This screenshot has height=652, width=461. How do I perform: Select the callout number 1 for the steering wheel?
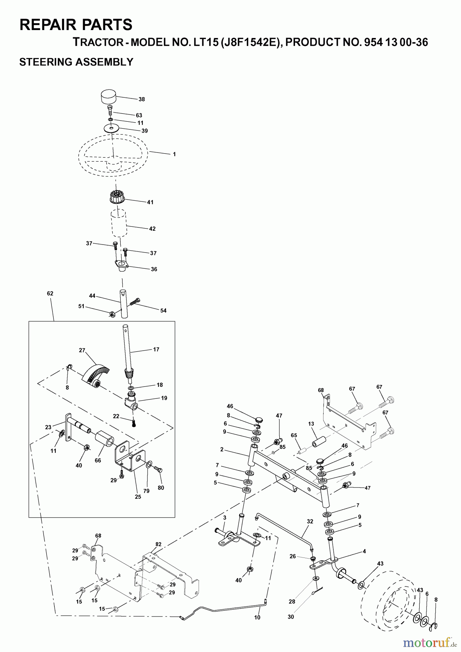pyautogui.click(x=174, y=154)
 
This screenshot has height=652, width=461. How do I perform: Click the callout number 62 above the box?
pyautogui.click(x=50, y=293)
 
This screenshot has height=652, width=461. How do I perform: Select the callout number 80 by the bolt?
pyautogui.click(x=161, y=488)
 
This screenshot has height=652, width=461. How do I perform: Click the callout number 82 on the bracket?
pyautogui.click(x=158, y=544)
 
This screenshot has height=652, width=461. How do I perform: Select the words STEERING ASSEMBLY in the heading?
pyautogui.click(x=76, y=62)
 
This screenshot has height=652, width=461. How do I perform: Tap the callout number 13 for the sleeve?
pyautogui.click(x=311, y=423)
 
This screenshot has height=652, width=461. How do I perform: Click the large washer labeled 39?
pyautogui.click(x=112, y=128)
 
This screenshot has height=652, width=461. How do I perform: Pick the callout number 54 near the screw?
pyautogui.click(x=163, y=310)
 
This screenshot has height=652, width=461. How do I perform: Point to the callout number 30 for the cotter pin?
pyautogui.click(x=291, y=617)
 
